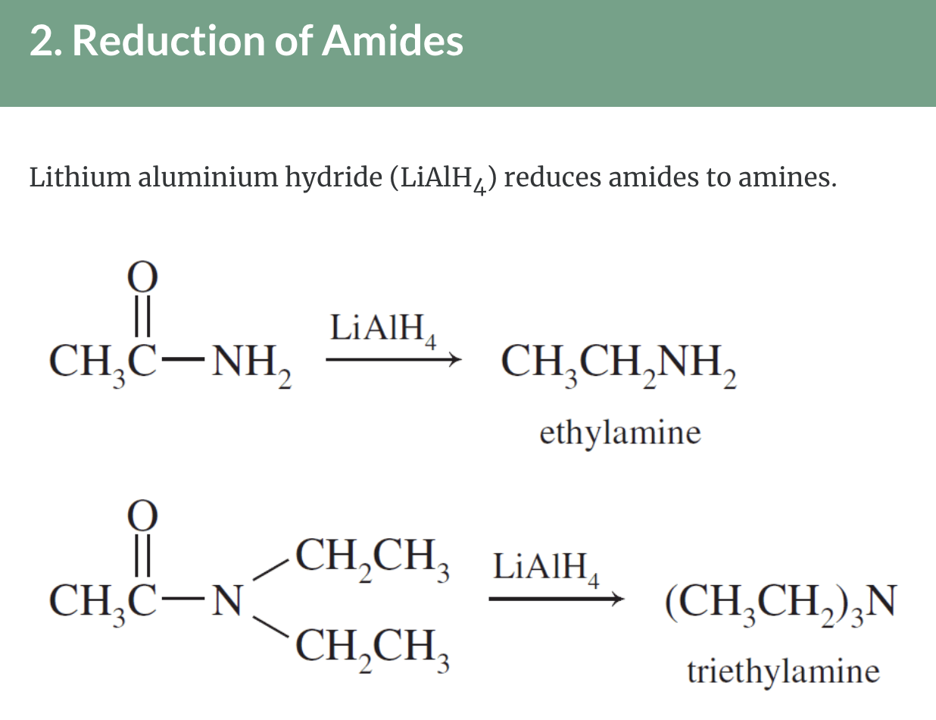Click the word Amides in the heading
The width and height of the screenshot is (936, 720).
pos(392,41)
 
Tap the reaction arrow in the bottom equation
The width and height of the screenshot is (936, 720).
pos(555,599)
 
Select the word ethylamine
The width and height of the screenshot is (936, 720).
pos(620,434)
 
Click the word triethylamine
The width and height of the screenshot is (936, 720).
pos(783,671)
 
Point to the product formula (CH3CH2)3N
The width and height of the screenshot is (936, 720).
pos(781,603)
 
